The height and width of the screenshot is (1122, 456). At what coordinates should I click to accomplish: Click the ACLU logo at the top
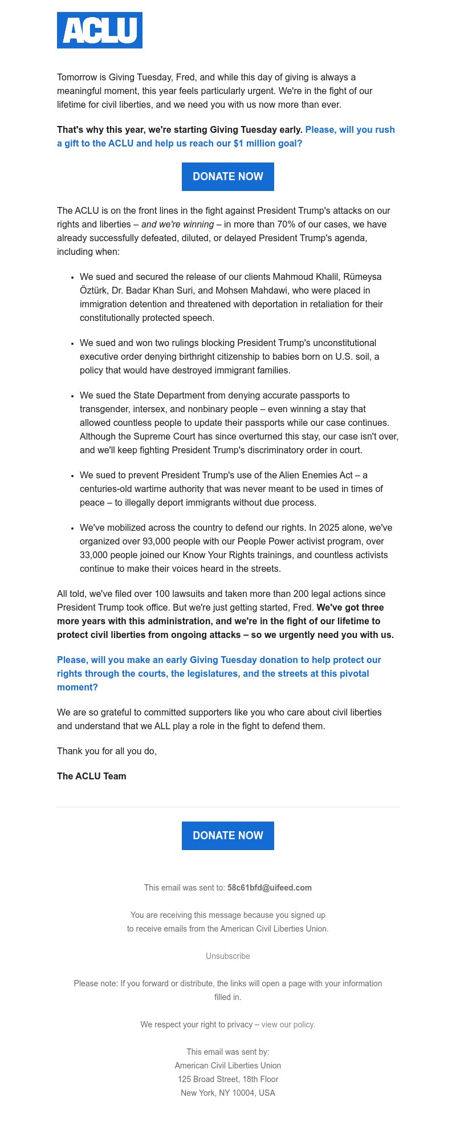[x=100, y=30]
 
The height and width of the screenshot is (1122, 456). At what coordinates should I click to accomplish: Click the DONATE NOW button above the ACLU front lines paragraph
[x=228, y=177]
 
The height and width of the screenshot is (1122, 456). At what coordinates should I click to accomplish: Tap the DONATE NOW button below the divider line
[x=228, y=836]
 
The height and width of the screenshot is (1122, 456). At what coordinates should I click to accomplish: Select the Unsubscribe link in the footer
[x=228, y=956]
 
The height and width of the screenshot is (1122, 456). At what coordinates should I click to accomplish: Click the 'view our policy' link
[x=288, y=1025]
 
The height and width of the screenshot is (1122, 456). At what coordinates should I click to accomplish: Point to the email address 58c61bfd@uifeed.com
[x=270, y=888]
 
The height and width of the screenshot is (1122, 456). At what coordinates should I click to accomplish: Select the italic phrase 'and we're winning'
[x=177, y=225]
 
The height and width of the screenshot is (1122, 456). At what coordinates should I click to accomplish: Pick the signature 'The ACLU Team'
[x=92, y=776]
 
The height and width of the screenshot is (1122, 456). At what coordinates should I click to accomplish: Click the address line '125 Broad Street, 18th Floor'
[x=228, y=1079]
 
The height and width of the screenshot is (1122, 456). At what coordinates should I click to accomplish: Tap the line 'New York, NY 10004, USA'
[x=228, y=1093]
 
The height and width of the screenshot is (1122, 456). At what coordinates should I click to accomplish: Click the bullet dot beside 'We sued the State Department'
[x=72, y=396]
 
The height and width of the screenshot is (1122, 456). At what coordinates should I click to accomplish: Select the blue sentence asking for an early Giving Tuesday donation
[x=219, y=673]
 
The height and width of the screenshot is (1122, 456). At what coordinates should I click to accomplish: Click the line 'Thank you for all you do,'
[x=107, y=751]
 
